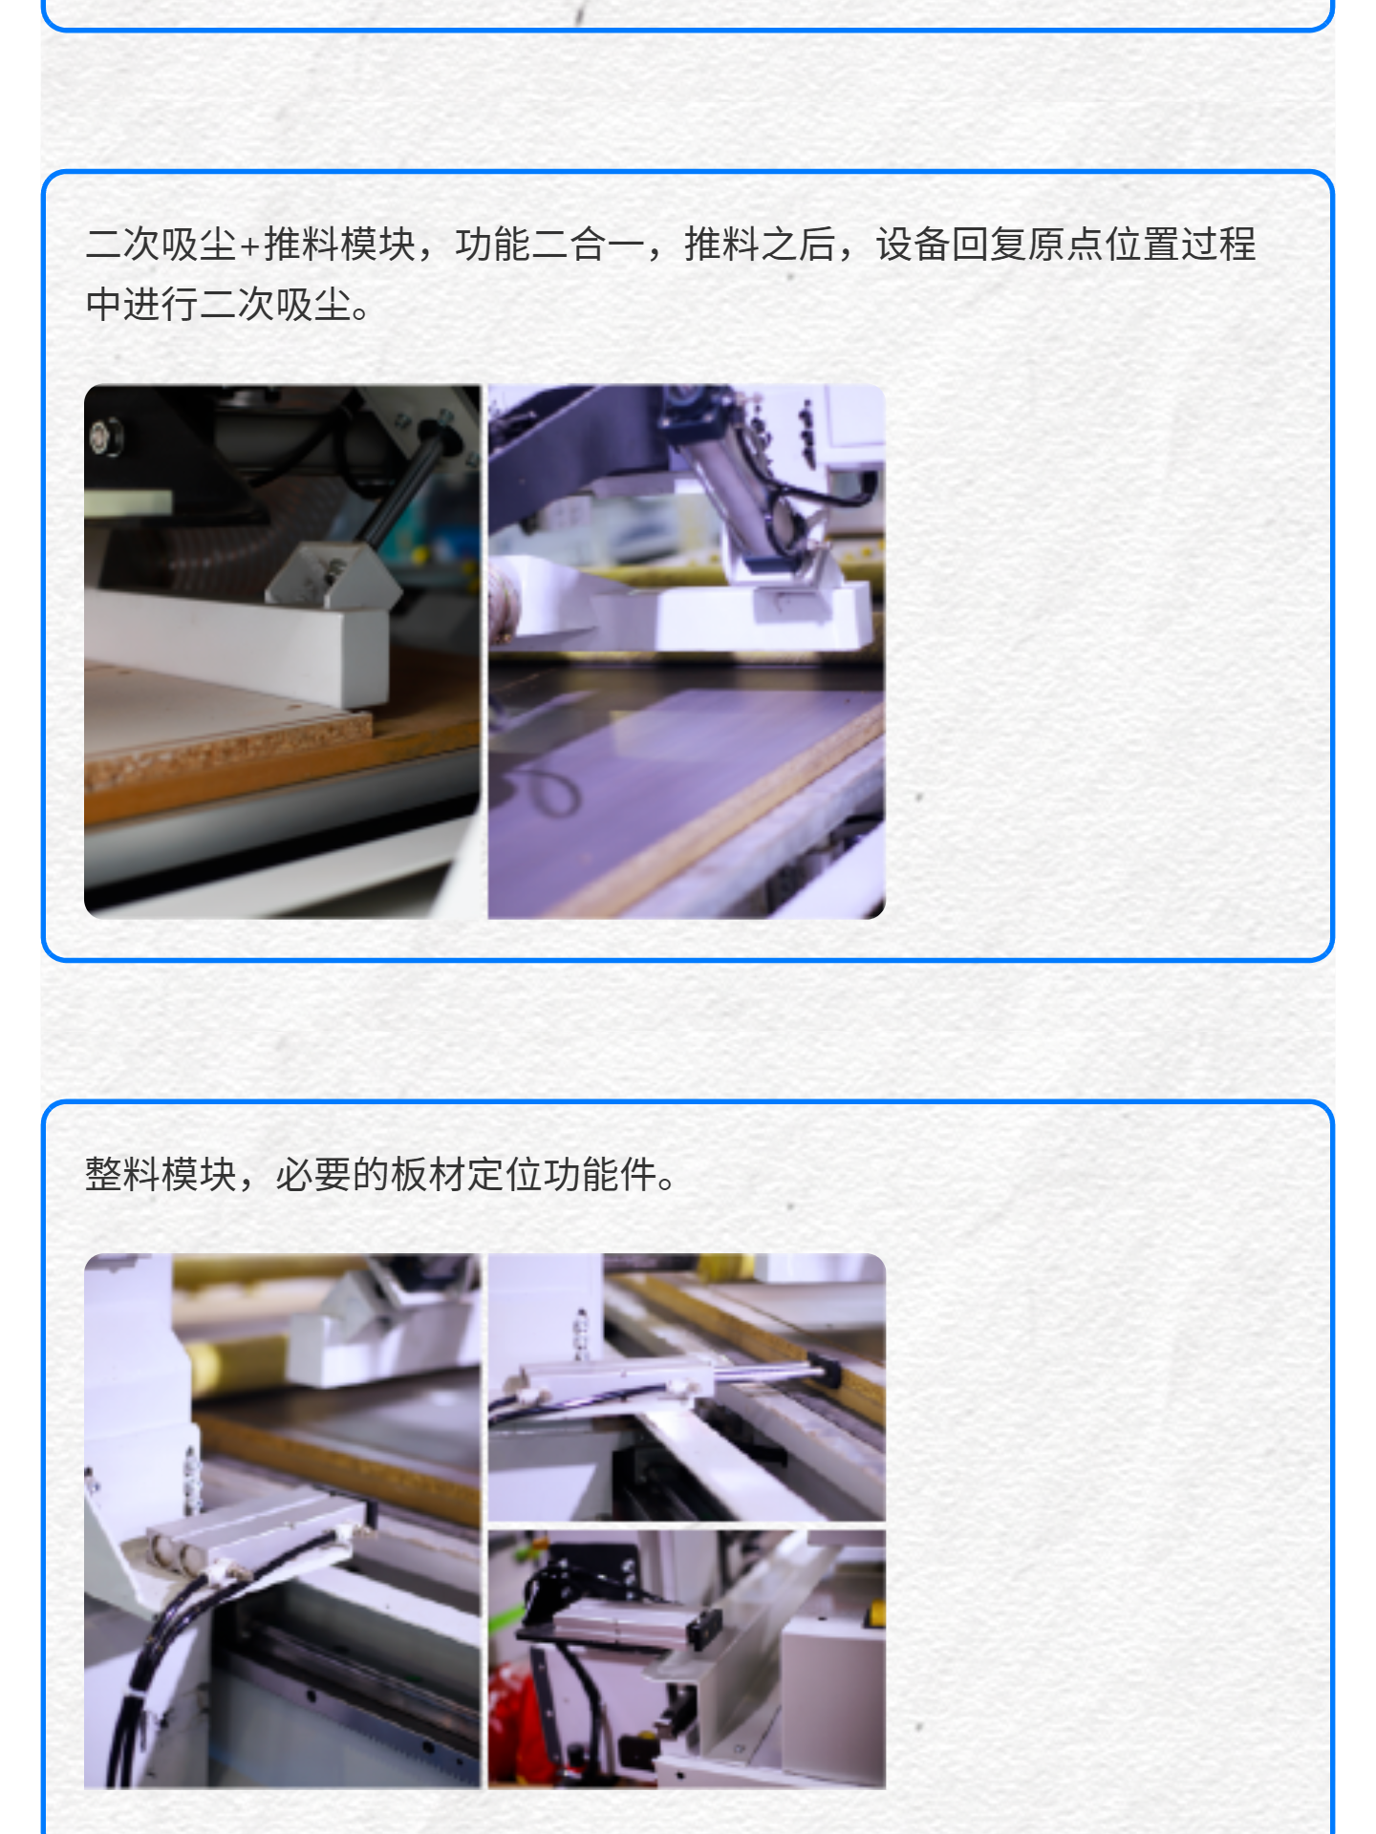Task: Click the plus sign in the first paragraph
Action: coord(250,246)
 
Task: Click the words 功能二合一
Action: coord(549,245)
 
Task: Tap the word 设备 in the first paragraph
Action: coord(913,245)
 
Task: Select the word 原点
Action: coord(1065,245)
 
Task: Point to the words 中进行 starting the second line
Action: coord(141,305)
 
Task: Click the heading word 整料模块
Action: coord(161,1174)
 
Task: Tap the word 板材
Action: coord(428,1174)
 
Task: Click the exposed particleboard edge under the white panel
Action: coord(229,750)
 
